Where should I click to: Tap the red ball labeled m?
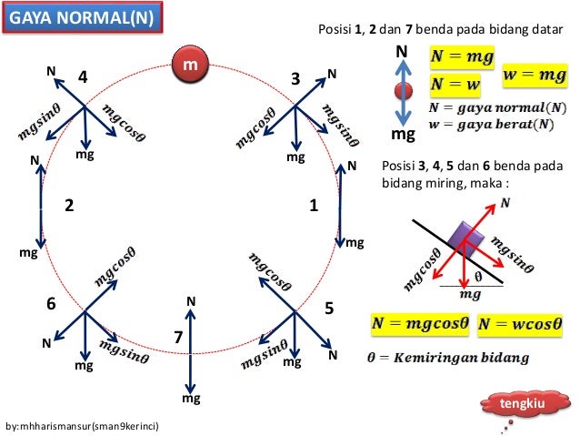190,66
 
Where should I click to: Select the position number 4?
83,78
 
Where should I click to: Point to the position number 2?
67,207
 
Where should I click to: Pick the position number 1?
314,207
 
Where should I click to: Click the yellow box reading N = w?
455,85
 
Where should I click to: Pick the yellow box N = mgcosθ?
421,324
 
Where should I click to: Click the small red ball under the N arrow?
405,90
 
